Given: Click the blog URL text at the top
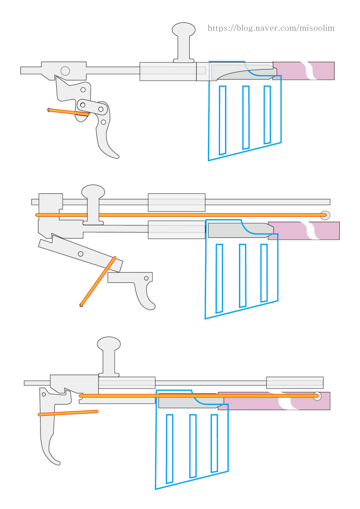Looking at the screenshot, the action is tap(271, 28).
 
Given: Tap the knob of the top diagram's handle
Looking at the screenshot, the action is tap(184, 30).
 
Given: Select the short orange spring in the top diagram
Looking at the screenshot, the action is tap(68, 112).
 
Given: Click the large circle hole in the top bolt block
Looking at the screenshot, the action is tap(65, 71).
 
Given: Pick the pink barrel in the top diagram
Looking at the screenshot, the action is tap(303, 71).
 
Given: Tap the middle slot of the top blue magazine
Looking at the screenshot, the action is tap(246, 117).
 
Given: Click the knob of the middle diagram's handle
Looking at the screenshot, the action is tap(93, 192).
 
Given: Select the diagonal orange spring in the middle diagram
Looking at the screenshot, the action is tap(98, 281).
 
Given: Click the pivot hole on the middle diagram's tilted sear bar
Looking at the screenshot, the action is tap(81, 254).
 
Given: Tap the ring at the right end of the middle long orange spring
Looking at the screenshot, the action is tap(324, 215).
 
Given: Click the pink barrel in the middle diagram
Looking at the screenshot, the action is tap(304, 231).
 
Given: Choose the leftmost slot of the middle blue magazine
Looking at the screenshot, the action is tap(219, 278).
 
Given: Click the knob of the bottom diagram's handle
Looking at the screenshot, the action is tap(109, 344).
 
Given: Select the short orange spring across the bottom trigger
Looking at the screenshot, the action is tap(68, 413).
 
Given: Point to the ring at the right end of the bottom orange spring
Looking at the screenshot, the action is tap(317, 396).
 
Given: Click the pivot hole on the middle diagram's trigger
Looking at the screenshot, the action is tap(146, 278).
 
